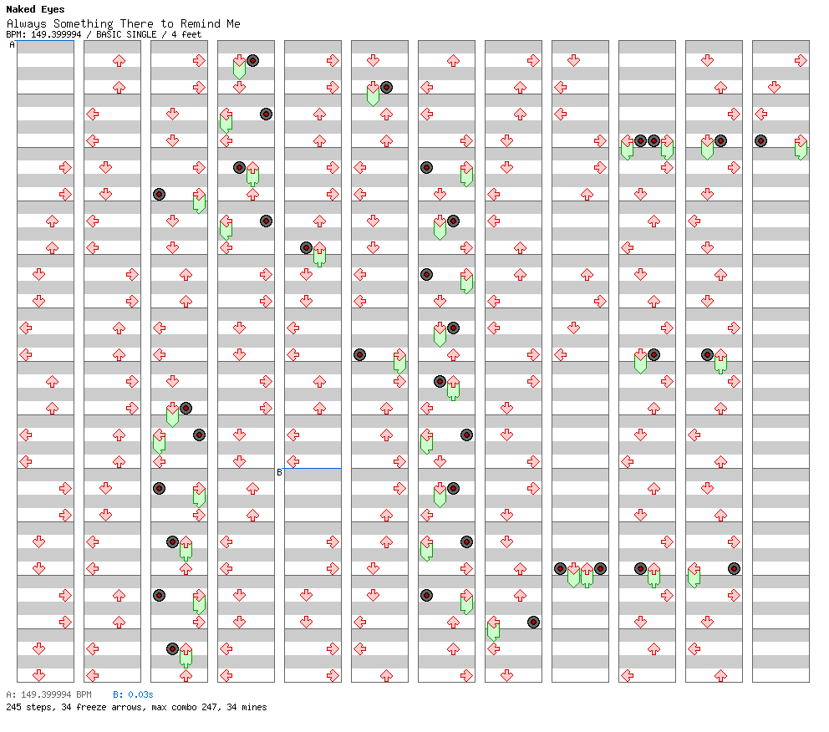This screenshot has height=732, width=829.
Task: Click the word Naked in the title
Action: click(21, 9)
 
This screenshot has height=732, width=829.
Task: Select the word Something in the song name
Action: click(84, 23)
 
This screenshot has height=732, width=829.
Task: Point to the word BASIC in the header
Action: click(111, 34)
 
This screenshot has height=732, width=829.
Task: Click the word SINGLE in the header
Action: click(141, 34)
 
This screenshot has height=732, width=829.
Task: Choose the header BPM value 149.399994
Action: click(56, 34)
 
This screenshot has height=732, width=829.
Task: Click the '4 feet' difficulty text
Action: click(186, 34)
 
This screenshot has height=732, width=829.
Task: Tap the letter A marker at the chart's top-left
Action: click(13, 45)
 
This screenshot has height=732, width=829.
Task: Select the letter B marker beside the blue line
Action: click(279, 472)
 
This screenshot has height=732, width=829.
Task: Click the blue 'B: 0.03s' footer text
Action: click(133, 694)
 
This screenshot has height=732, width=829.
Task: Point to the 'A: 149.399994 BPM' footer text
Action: click(48, 694)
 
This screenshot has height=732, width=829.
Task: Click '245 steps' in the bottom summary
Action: click(28, 707)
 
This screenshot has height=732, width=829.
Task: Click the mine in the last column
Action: click(760, 140)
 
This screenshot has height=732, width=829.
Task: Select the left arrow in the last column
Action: click(760, 114)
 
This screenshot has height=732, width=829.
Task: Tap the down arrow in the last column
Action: click(774, 87)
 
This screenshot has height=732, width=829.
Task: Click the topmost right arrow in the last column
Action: click(801, 61)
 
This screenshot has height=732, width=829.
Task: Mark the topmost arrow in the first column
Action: click(65, 167)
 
